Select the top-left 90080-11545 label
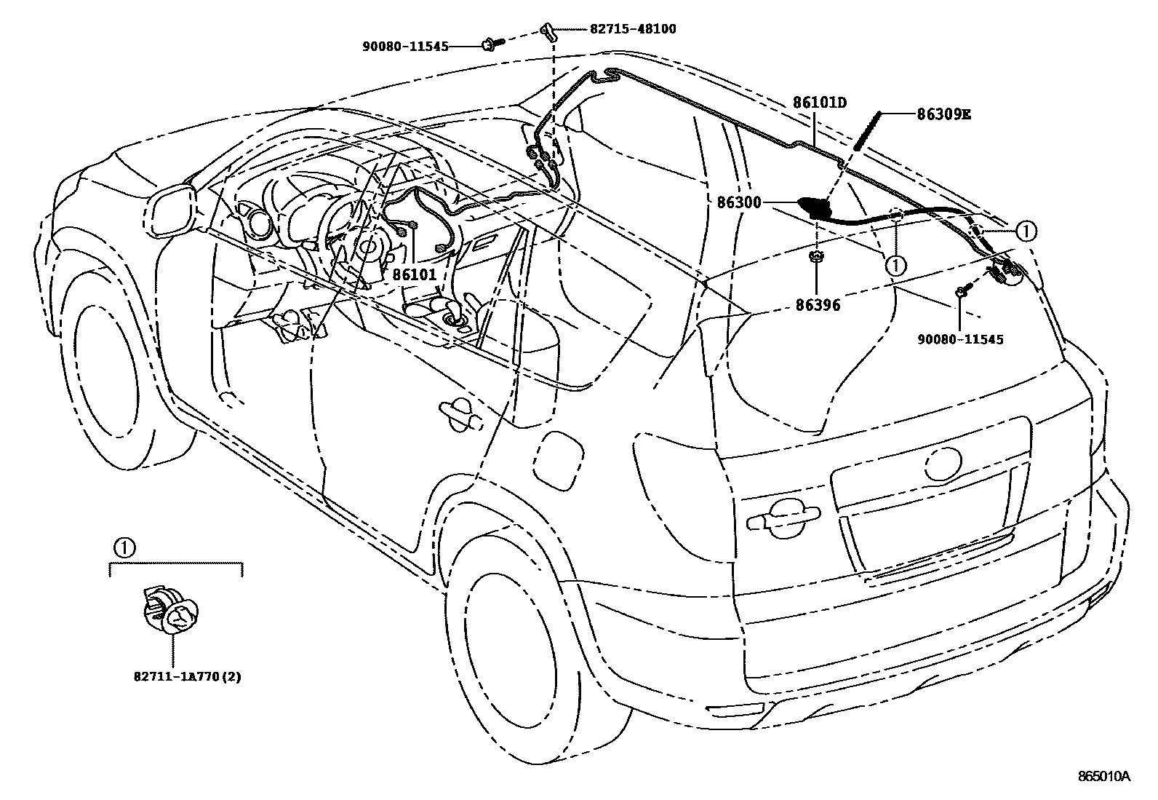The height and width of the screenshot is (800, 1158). tap(404, 46)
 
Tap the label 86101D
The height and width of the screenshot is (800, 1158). tap(820, 103)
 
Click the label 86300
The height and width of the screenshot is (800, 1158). tap(739, 202)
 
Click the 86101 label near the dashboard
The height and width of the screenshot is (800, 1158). tap(415, 274)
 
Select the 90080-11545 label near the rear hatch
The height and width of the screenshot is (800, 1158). tap(960, 339)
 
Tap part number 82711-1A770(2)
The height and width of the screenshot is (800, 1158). tap(187, 676)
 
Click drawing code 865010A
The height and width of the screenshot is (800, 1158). tap(1103, 776)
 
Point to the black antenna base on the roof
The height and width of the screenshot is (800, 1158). tap(816, 207)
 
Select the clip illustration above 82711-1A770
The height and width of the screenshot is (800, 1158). tap(170, 611)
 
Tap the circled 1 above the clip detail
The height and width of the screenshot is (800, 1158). tap(124, 547)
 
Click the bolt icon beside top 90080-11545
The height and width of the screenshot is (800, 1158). tap(489, 45)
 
